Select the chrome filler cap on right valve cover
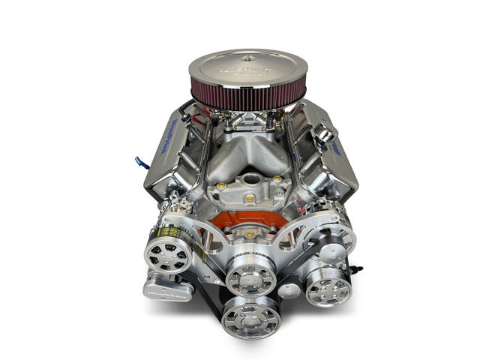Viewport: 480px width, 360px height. (325, 136)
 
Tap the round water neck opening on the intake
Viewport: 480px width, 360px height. (248, 181)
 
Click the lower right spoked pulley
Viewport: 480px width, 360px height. (328, 286)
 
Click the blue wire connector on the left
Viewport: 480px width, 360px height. (140, 160)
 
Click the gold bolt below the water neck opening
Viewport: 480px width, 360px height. (248, 199)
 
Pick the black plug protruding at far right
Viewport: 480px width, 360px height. (358, 266)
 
